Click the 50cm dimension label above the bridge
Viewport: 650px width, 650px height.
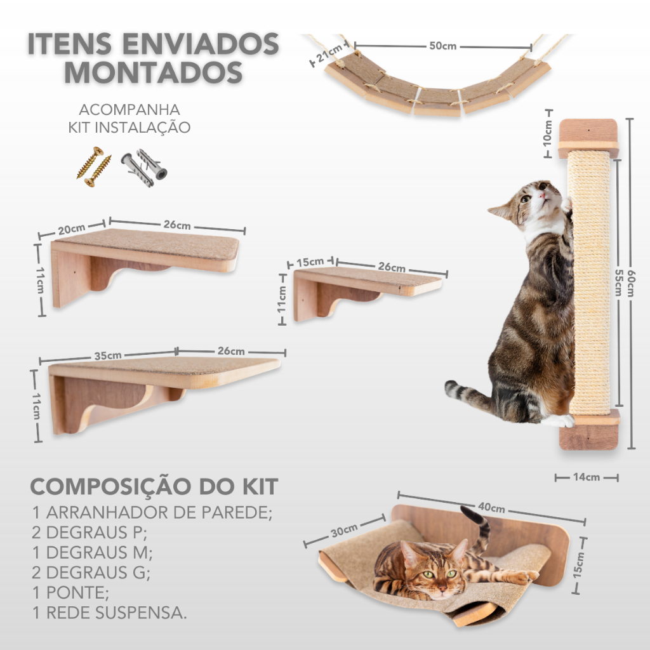(442, 46)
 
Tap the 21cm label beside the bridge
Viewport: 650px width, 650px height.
(329, 53)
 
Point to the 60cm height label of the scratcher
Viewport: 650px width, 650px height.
(631, 283)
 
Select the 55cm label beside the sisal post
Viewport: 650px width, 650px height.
(618, 282)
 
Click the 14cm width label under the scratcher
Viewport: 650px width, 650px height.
(587, 477)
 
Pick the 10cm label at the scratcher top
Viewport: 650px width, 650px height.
(548, 133)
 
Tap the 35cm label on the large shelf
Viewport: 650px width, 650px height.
(108, 355)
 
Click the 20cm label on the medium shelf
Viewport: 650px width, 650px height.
(71, 229)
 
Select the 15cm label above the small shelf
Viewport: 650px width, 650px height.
(310, 262)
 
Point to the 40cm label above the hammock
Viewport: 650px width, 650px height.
(491, 507)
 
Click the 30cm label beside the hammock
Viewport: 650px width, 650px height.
(344, 531)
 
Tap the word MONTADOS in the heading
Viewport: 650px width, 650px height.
(154, 72)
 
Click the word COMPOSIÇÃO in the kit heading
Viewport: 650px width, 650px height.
(110, 486)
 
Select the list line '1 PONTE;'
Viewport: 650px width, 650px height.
(70, 592)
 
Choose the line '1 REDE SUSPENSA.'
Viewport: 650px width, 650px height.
(109, 613)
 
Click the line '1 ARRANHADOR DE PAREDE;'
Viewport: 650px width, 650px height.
(152, 512)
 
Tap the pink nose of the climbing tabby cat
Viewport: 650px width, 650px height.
(542, 194)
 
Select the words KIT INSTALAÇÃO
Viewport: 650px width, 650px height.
(129, 127)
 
